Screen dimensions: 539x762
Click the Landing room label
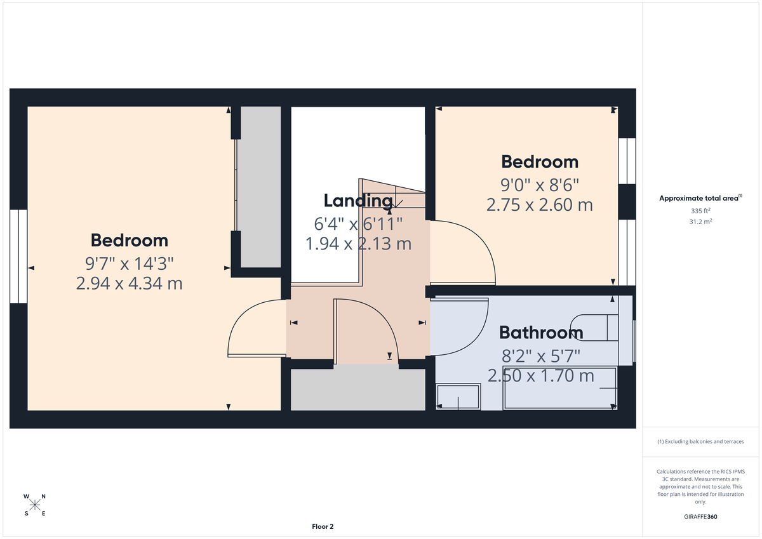tap(358, 201)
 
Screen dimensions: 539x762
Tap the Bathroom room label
tap(540, 332)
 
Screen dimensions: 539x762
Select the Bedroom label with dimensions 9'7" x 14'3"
tap(129, 240)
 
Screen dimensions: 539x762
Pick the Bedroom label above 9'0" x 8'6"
tap(540, 161)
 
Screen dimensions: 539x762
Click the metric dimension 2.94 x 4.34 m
tap(129, 283)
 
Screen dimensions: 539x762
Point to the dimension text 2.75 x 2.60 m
tap(540, 205)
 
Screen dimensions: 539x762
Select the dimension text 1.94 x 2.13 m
tap(358, 243)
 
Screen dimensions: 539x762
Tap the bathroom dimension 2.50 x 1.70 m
tap(540, 376)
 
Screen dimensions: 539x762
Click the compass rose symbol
tap(35, 505)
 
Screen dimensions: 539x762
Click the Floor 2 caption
tap(323, 526)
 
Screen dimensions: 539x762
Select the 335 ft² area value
tap(700, 210)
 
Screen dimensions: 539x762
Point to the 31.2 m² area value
tap(700, 221)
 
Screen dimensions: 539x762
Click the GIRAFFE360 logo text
tap(700, 517)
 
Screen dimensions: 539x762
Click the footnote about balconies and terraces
tap(700, 441)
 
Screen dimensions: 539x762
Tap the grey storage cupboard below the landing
tap(358, 389)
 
